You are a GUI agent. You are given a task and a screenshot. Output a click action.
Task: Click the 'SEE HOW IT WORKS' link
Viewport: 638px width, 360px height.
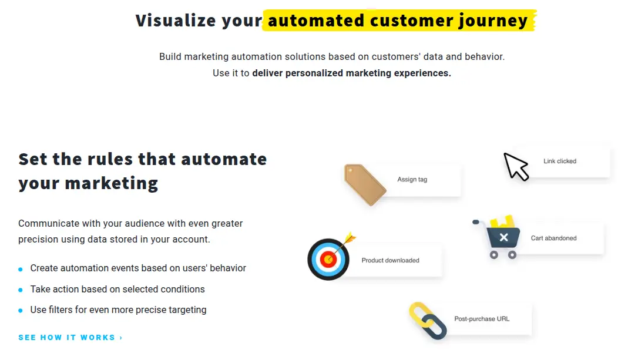click(x=70, y=338)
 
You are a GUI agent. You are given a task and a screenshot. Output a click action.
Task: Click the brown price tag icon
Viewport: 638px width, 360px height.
click(x=365, y=184)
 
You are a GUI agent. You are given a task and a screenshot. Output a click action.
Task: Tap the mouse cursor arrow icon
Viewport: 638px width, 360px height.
click(x=516, y=166)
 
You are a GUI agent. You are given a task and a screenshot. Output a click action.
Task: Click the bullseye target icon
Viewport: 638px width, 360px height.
click(x=329, y=259)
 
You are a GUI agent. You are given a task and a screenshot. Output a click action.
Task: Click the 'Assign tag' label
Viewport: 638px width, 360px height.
click(x=412, y=180)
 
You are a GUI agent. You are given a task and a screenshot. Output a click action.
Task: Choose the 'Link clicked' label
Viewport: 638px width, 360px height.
click(x=560, y=161)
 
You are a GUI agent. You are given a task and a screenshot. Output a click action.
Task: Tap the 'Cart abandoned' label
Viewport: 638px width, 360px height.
click(x=553, y=238)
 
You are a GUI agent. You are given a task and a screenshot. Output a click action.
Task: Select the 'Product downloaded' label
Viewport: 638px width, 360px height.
click(x=390, y=261)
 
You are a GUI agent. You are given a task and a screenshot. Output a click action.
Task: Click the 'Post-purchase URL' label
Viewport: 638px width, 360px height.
click(x=482, y=319)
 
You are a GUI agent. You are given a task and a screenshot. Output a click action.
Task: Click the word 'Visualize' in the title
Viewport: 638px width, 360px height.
click(x=176, y=21)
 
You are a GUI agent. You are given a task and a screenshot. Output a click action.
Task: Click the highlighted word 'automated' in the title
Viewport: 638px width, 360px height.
click(x=316, y=21)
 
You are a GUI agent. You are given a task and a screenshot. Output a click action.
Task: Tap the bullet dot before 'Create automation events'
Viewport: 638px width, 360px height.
click(x=21, y=269)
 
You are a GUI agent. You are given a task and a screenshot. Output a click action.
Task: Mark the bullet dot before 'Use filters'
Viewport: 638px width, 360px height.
click(x=21, y=311)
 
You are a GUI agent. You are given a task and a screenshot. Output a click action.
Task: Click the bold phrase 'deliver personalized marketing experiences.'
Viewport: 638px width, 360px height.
click(x=351, y=73)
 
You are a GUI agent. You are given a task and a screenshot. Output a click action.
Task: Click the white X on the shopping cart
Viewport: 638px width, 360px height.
click(x=503, y=238)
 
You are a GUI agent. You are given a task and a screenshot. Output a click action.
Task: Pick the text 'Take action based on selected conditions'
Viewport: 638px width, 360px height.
click(x=117, y=290)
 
